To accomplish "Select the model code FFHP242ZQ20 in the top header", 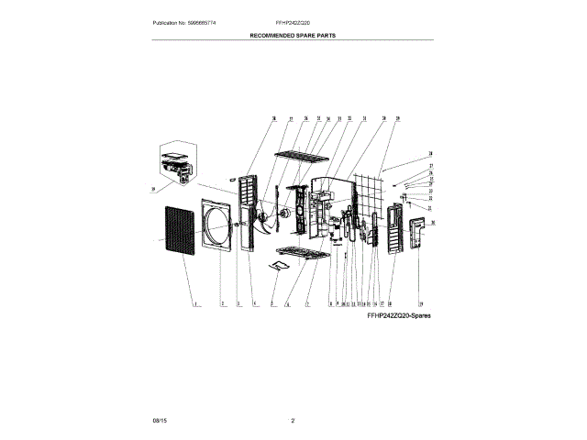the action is pos(293,21).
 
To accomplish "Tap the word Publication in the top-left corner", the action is pos(166,21).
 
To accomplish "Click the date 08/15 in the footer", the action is pos(161,420).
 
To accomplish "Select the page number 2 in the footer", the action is pos(293,420).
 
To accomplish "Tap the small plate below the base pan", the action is pos(280,266).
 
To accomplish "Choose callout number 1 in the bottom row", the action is pos(195,303).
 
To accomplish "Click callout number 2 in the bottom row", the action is pos(222,303).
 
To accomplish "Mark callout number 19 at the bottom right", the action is pos(421,303).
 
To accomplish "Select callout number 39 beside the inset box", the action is pos(153,190).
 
